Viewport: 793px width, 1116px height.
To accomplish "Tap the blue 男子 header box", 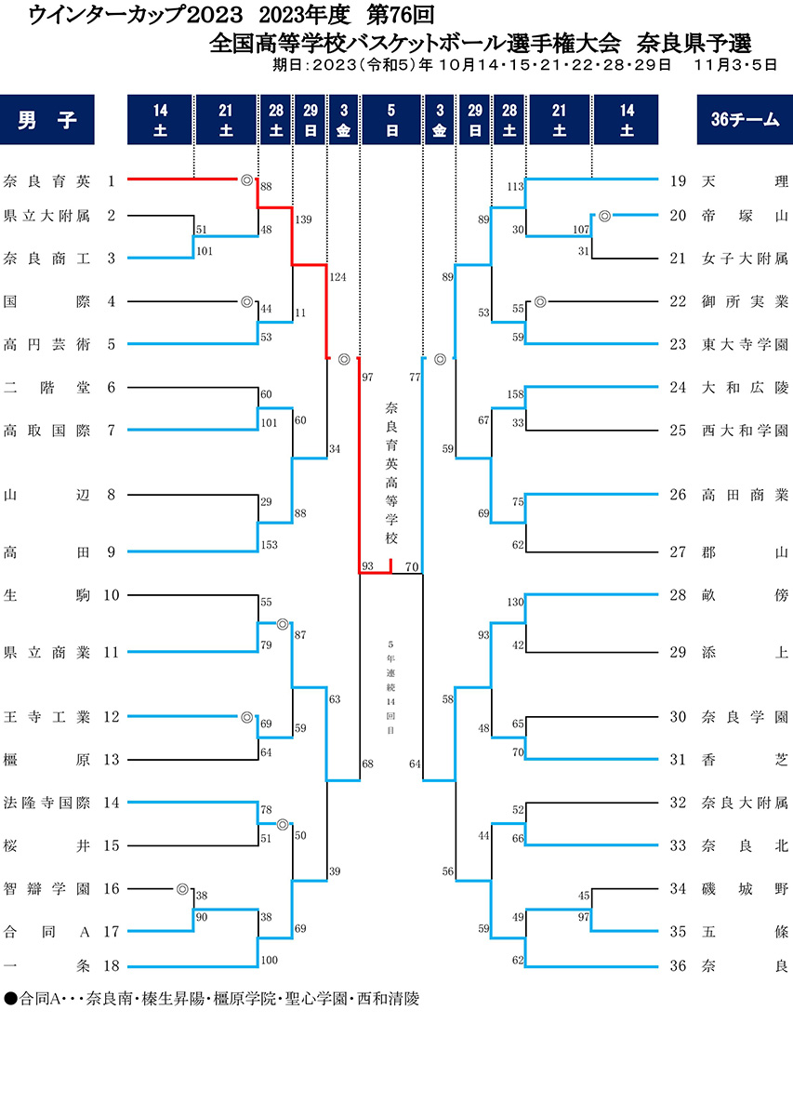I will (x=47, y=120).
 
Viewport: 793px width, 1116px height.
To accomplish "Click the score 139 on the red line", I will (x=302, y=219).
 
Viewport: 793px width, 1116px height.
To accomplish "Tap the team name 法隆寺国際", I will (x=46, y=803).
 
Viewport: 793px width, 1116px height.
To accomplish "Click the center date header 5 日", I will (x=391, y=120).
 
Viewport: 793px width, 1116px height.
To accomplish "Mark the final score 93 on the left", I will (x=368, y=565).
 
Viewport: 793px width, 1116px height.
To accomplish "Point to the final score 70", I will (x=413, y=565).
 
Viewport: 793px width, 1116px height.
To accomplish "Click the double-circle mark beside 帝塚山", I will (x=604, y=215).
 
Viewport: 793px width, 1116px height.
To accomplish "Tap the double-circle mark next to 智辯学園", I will (x=182, y=888).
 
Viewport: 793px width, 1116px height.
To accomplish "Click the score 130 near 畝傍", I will (x=514, y=603).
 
